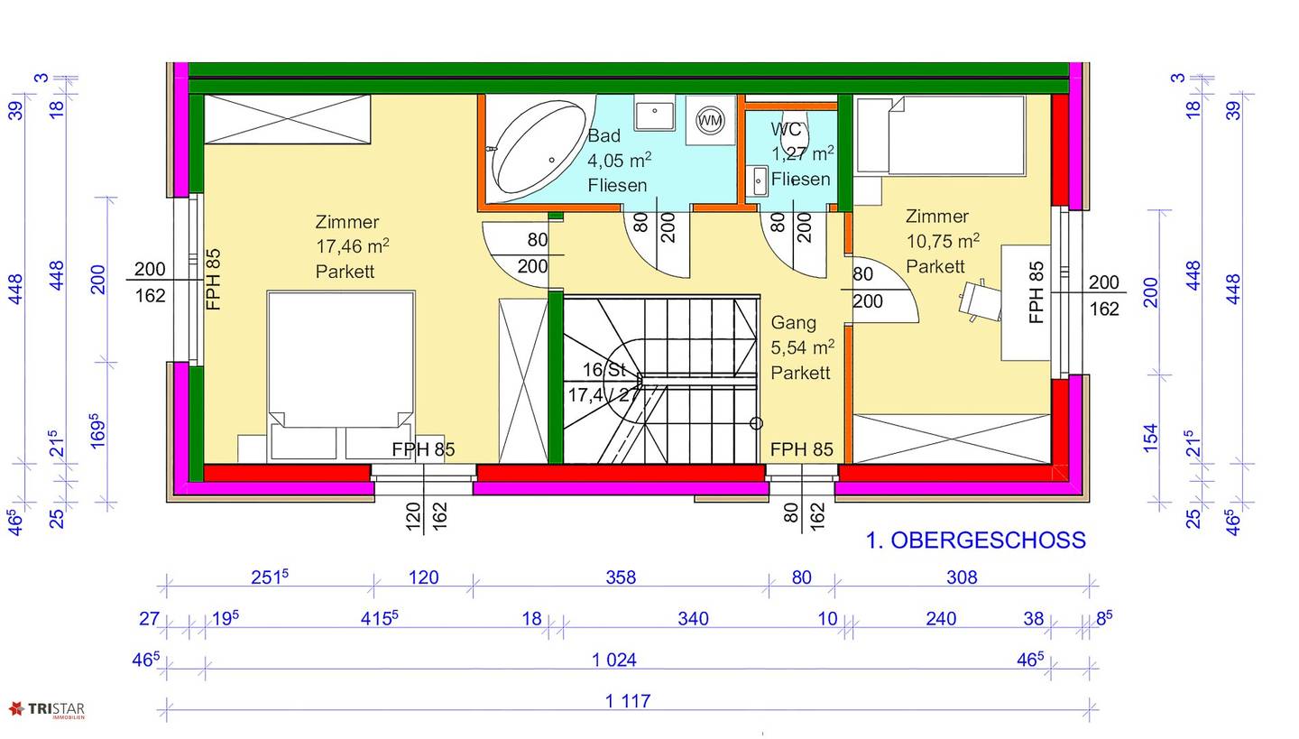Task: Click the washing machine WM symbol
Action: [711, 121]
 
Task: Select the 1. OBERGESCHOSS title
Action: [975, 540]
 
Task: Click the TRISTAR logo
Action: [46, 710]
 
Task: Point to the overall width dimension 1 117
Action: [628, 701]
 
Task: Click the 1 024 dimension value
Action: [614, 660]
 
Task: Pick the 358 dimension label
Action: [621, 577]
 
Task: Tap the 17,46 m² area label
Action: [352, 246]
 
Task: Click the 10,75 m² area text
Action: [943, 241]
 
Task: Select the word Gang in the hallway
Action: [793, 323]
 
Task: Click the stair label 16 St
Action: [603, 370]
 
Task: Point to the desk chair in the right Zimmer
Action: [979, 300]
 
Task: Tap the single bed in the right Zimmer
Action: [941, 135]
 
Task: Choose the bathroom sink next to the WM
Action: [655, 113]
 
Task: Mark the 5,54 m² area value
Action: [803, 347]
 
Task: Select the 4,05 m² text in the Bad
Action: [620, 160]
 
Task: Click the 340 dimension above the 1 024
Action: [693, 619]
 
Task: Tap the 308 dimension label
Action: [962, 577]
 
